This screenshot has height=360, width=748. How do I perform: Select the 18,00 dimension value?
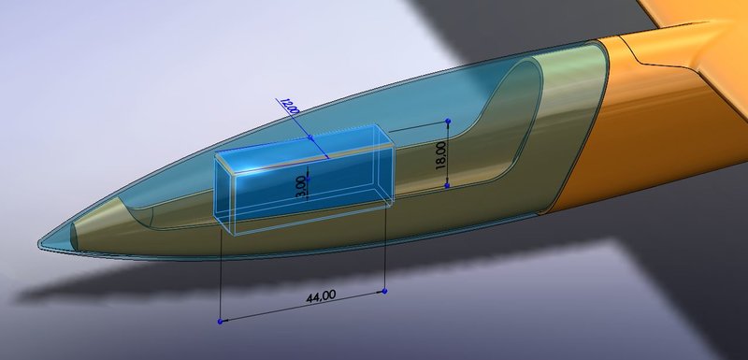441,154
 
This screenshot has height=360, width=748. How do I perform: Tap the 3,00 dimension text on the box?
300,184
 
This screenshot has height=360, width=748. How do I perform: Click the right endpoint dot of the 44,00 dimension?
386,292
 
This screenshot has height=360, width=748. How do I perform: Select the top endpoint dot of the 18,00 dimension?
448,122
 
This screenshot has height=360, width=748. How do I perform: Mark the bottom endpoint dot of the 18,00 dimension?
447,186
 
